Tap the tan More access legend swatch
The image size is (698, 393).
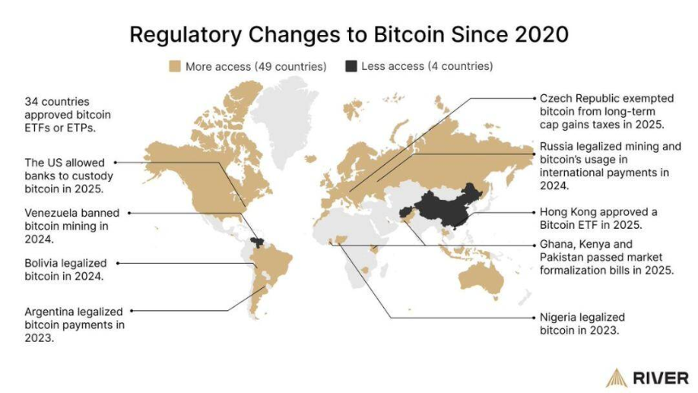click(174, 66)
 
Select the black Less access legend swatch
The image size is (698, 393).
click(351, 66)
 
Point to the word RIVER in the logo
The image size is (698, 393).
click(660, 378)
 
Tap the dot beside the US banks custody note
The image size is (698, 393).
click(115, 162)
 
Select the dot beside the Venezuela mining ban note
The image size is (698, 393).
click(130, 213)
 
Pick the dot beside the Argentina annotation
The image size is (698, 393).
click(132, 311)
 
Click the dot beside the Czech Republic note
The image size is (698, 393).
click(532, 97)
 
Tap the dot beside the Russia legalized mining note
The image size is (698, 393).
click(532, 154)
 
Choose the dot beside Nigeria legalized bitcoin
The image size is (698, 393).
click(532, 317)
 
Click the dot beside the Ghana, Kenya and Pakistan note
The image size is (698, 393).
click(532, 244)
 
